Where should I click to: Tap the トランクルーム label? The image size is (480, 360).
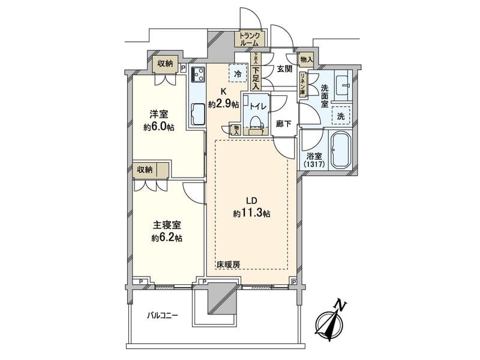[x=249, y=40]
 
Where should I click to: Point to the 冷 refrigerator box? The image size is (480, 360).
[x=238, y=74]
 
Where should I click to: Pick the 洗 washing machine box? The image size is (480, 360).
[x=341, y=115]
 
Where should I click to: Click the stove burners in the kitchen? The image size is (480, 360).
[x=197, y=75]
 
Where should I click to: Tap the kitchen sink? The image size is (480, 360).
[x=197, y=113]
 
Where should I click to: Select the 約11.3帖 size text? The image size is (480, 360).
[x=252, y=213]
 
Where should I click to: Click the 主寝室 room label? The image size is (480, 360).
[x=167, y=226]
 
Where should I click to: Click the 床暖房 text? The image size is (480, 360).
[x=228, y=263]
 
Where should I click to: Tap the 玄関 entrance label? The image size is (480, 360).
[x=284, y=69]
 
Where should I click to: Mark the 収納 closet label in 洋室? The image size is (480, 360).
[x=165, y=64]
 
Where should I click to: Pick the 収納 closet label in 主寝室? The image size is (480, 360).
[x=144, y=170]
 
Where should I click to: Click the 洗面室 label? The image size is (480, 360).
[x=324, y=95]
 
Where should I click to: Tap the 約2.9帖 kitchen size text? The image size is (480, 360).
[x=223, y=104]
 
